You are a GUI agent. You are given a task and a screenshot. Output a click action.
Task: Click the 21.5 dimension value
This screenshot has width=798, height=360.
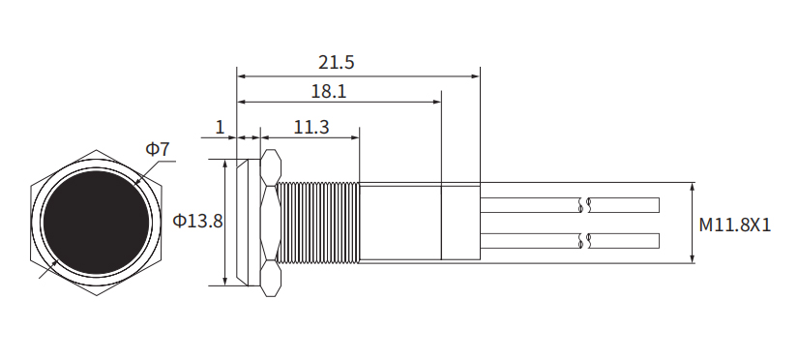(x=336, y=62)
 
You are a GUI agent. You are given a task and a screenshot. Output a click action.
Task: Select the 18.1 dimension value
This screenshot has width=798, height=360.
(x=329, y=91)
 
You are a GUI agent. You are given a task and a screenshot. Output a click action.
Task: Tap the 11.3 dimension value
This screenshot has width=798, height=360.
(x=311, y=127)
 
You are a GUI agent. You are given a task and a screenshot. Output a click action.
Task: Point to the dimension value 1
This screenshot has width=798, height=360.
(x=220, y=127)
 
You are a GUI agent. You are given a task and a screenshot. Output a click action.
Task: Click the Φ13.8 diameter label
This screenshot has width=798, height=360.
(x=197, y=221)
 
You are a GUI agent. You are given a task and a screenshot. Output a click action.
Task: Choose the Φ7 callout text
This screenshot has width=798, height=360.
(x=158, y=149)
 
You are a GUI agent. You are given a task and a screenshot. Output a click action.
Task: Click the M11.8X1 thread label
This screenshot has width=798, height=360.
(x=735, y=225)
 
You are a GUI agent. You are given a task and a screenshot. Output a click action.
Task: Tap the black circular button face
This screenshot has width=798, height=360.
(x=96, y=223)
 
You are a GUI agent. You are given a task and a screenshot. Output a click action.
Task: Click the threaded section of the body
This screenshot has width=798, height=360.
(x=318, y=223)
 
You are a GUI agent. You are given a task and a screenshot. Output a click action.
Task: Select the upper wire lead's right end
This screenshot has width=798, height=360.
(x=659, y=205)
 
